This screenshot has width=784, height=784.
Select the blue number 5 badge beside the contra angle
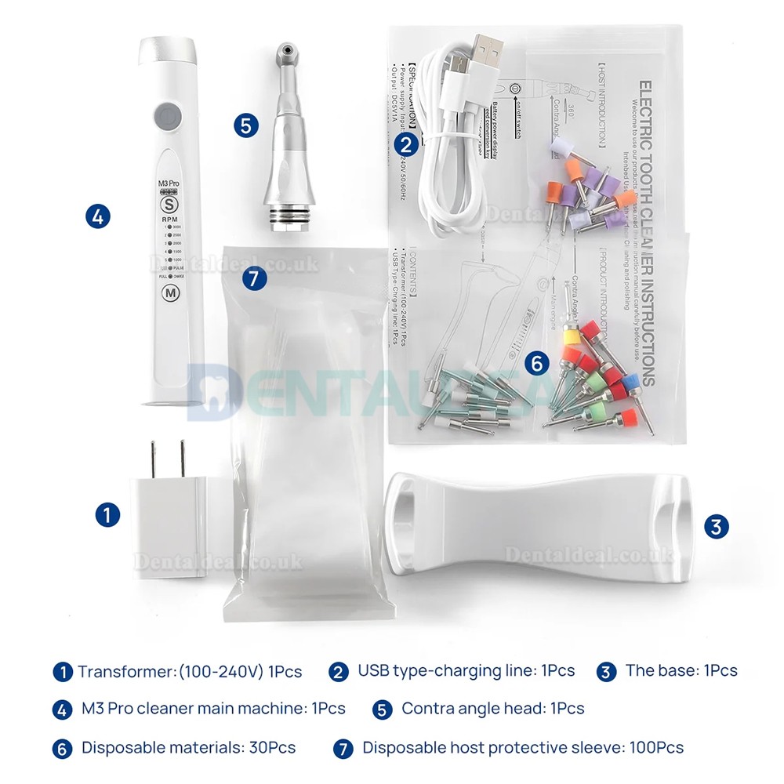246,125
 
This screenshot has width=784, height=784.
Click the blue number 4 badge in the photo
97,216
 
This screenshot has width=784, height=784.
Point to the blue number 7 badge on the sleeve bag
254,278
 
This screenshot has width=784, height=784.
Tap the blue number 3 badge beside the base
714,526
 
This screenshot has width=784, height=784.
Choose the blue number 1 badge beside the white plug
107,514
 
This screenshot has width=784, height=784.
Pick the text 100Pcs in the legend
656,747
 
